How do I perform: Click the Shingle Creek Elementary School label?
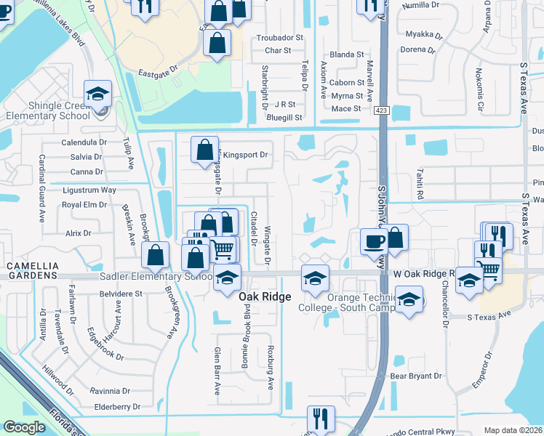coord(49,110)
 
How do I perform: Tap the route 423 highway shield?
coord(381,110)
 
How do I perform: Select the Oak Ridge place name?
coord(265,297)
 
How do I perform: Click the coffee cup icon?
coord(375,241)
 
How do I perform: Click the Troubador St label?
coord(279,38)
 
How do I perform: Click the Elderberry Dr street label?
coord(116,407)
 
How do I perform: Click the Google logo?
coord(25,427)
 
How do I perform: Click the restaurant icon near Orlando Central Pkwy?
coord(321,419)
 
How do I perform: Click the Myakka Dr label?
coord(419,34)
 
